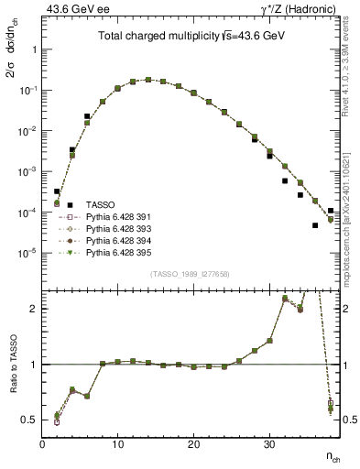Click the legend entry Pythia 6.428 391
click(x=115, y=217)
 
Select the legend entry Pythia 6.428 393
click(x=115, y=228)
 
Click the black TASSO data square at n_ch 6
click(x=87, y=116)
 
